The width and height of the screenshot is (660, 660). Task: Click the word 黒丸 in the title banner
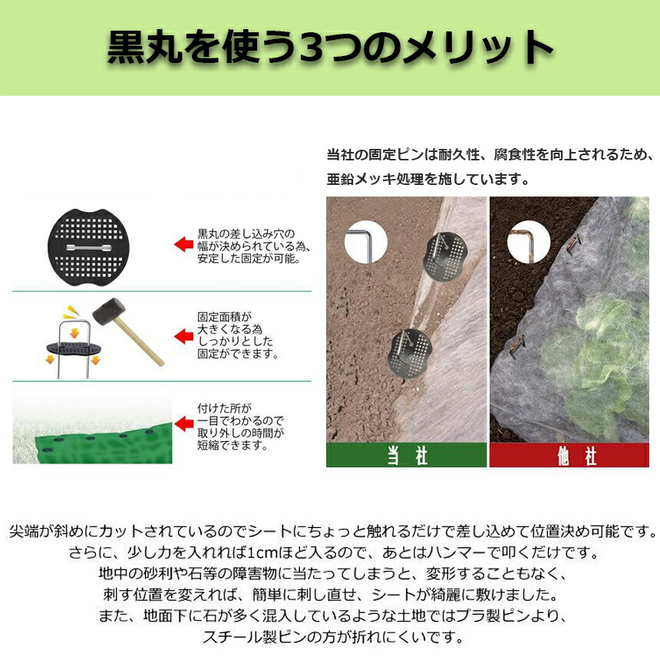pos(144,48)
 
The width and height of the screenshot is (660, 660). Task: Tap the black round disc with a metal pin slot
pos(88,247)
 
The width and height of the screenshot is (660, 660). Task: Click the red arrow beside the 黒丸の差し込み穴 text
pos(184,245)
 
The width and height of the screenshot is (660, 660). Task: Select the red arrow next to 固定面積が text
pos(184,336)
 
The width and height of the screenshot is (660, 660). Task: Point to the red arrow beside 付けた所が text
pos(184,424)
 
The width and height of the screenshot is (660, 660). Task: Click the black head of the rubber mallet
pos(109,312)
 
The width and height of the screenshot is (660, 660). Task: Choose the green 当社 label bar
pos(407,455)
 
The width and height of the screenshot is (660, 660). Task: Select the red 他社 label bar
pos(569,455)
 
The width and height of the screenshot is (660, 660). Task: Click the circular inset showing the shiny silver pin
pos(365,243)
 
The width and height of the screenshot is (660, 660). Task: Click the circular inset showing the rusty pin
pos(528,243)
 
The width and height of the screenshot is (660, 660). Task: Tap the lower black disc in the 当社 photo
pos(410,354)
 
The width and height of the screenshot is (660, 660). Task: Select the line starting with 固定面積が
pos(225,317)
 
